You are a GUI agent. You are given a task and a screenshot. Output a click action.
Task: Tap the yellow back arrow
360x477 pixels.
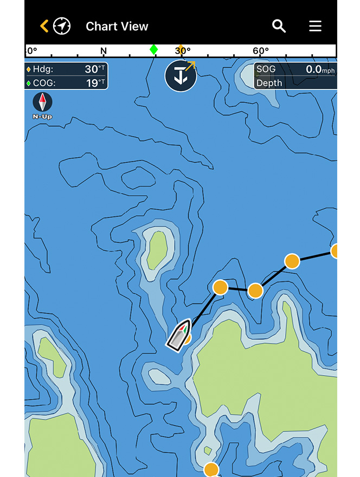click(x=44, y=26)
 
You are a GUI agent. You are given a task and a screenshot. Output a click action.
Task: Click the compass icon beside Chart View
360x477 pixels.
click(x=62, y=26)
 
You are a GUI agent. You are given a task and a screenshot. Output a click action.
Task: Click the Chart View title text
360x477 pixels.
click(x=117, y=26)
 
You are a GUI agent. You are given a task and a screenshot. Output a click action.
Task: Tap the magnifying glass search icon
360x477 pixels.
click(x=279, y=26)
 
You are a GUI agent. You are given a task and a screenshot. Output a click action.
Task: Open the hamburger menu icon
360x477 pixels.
click(x=315, y=26)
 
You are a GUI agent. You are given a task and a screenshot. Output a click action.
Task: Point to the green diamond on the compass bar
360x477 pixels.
click(x=154, y=50)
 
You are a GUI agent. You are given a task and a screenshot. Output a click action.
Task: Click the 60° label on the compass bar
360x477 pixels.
click(x=261, y=51)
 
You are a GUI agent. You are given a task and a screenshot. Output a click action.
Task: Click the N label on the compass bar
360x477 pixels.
click(x=104, y=51)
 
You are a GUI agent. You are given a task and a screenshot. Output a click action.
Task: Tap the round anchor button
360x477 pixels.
click(x=181, y=76)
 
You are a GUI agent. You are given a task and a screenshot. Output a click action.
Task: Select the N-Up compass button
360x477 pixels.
click(x=42, y=105)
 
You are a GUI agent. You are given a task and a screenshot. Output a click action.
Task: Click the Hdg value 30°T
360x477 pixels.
click(x=94, y=69)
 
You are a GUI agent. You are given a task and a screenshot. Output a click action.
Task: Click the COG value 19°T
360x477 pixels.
click(x=94, y=83)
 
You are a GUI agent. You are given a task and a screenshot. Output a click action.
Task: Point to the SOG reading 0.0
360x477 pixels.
click(x=314, y=69)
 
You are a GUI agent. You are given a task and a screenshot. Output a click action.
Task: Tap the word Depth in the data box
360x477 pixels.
click(x=269, y=83)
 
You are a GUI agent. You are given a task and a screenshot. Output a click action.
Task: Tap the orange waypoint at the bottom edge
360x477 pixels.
click(x=211, y=469)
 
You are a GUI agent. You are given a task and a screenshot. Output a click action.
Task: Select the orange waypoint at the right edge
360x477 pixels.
click(x=336, y=251)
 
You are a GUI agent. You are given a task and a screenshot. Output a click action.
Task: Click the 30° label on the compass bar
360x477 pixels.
click(x=183, y=51)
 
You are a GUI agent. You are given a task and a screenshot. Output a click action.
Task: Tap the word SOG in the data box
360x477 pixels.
click(x=266, y=69)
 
